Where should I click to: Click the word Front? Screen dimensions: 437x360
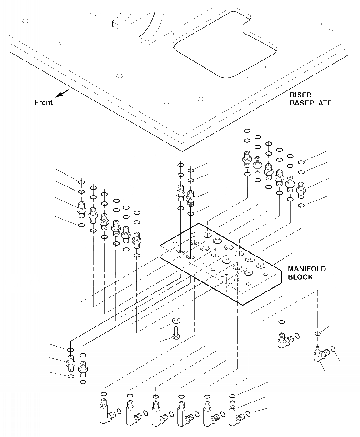pos(44,102)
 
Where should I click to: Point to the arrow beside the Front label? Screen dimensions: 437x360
pos(63,93)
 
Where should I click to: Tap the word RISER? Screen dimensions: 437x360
pos(300,95)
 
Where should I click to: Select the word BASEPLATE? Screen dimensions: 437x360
pos(310,103)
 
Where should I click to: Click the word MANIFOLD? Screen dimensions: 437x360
pos(307,269)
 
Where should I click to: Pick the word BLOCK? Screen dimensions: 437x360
pos(300,277)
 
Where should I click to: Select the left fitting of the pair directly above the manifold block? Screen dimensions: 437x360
pos(180,193)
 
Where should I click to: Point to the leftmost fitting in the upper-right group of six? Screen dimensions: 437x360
pos(247,158)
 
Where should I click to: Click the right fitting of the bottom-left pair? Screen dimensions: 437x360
pos(82,367)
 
